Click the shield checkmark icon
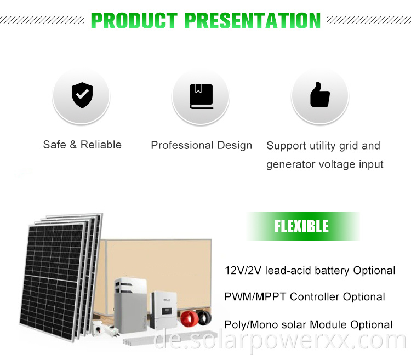pyautogui.click(x=82, y=95)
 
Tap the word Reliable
pyautogui.click(x=101, y=145)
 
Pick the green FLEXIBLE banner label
pyautogui.click(x=301, y=226)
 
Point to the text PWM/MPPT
pyautogui.click(x=255, y=297)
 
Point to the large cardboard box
pyautogui.click(x=159, y=263)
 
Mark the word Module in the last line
pyautogui.click(x=330, y=324)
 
